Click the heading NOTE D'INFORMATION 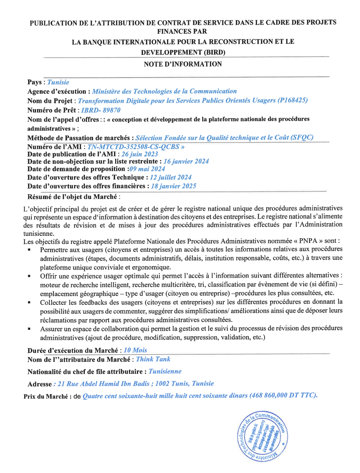point(183,64)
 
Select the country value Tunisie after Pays point(58,82)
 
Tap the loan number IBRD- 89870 point(101,110)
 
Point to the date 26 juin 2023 point(140,154)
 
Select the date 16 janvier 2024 point(186,161)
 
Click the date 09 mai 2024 point(147,169)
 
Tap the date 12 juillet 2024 point(171,177)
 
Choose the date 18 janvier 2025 point(174,186)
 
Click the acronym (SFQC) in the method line point(302,137)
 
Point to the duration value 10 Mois point(135,350)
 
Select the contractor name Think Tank point(153,359)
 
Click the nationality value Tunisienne point(165,371)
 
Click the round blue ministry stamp point(262,436)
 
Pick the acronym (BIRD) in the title point(214,52)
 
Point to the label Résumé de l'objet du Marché point(72,197)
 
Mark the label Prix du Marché point(46,396)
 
